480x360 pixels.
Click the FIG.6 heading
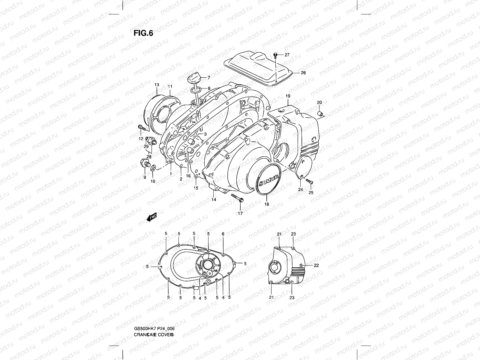click(143, 33)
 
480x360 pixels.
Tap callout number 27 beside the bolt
click(287, 55)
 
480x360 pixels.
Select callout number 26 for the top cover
click(303, 73)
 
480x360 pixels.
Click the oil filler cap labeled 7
click(193, 80)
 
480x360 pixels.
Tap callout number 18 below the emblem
click(266, 204)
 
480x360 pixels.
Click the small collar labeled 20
click(321, 114)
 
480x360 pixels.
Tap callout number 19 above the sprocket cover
click(288, 96)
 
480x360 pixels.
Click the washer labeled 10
click(153, 168)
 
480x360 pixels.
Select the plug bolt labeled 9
click(144, 163)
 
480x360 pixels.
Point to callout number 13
click(157, 85)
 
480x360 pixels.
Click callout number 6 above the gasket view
click(223, 234)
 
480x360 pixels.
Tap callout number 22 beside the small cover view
click(316, 265)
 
